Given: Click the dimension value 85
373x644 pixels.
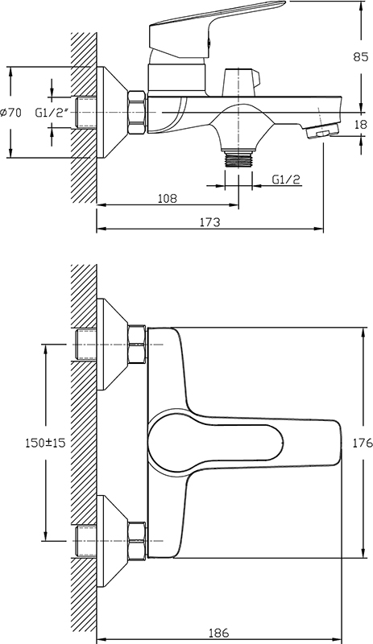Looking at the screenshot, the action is (x=360, y=57).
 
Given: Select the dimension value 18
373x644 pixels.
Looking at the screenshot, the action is (x=360, y=124).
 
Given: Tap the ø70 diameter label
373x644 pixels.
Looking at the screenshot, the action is (x=11, y=112).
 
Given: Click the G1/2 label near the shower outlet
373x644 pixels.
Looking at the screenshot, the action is (x=286, y=179).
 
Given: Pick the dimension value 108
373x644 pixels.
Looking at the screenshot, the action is (x=168, y=198).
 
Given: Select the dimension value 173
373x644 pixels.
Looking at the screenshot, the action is (x=209, y=222).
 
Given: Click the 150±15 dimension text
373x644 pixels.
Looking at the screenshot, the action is (x=45, y=443).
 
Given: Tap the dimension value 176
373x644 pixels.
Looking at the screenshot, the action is (x=363, y=443).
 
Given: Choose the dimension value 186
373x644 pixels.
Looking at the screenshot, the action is (x=218, y=633).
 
